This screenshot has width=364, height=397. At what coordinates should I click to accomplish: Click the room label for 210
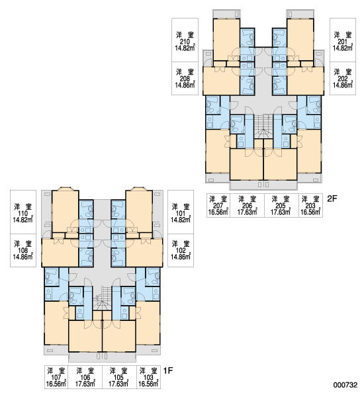(x=185, y=40)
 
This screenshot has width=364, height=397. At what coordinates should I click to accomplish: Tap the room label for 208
(x=185, y=79)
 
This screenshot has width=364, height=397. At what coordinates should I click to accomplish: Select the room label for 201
(x=343, y=40)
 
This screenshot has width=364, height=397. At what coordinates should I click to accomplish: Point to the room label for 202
(x=343, y=79)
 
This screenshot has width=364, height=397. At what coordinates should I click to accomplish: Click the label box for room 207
(x=218, y=205)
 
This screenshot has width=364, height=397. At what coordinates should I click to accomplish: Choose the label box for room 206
(x=248, y=205)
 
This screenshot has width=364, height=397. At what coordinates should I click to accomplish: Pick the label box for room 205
(x=281, y=205)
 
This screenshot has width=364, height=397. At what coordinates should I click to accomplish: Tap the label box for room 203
(x=310, y=205)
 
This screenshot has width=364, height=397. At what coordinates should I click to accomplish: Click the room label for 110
(x=23, y=212)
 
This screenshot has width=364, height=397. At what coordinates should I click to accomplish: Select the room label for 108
(x=23, y=250)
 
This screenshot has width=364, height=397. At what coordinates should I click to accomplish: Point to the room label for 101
(x=181, y=212)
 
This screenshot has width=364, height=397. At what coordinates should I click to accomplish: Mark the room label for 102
(x=181, y=250)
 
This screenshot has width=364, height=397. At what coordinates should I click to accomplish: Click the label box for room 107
(x=56, y=377)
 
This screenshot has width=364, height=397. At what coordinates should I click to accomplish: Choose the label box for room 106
(x=85, y=377)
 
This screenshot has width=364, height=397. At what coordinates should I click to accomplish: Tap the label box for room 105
(x=119, y=377)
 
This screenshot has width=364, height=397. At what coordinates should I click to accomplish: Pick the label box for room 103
(x=148, y=377)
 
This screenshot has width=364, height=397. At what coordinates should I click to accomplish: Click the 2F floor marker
(x=332, y=198)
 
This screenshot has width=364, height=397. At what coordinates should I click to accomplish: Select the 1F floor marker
(x=168, y=371)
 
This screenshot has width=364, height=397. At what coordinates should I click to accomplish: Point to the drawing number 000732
(x=345, y=385)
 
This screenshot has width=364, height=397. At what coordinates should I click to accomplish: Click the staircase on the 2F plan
(x=263, y=126)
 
